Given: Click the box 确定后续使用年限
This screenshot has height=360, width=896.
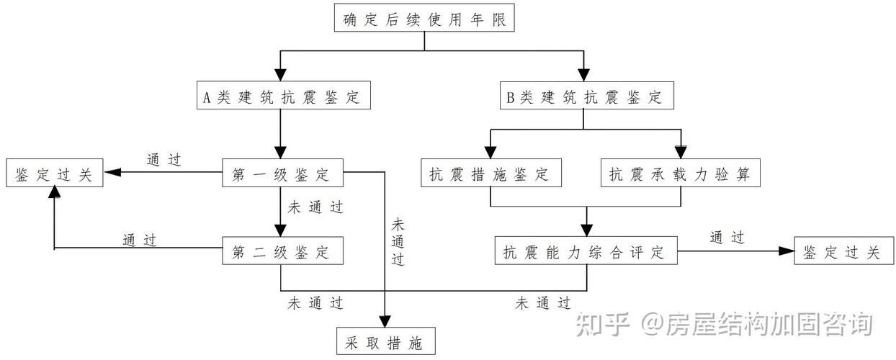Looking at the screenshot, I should coord(424,19).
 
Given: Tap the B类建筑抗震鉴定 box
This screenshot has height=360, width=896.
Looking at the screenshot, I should coord(583,96).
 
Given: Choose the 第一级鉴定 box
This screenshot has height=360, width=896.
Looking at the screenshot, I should coord(281,174).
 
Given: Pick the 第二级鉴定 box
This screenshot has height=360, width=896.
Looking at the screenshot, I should coord(281,252).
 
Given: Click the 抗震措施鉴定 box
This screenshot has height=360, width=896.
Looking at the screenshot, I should coord(490,174).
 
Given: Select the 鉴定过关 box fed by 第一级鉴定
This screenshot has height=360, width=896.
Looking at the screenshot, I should coord(54,174).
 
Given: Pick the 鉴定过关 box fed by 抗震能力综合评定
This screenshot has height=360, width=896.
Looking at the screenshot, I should coord(842,252).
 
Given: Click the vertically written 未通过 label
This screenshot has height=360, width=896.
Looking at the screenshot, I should coord(398,241).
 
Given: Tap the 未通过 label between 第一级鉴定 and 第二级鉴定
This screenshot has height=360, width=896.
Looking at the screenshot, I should coord(315,207).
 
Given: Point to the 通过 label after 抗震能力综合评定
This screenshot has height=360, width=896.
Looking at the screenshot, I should coord(727,237).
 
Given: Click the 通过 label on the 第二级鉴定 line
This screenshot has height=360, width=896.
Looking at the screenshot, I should coord(140,239).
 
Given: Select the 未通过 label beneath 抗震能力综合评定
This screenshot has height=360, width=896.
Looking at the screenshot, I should coord(544,303).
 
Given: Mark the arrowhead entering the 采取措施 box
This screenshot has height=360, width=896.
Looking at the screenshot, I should coord(387,321).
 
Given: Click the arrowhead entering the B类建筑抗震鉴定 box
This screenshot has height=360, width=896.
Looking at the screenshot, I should coord(583,74).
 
